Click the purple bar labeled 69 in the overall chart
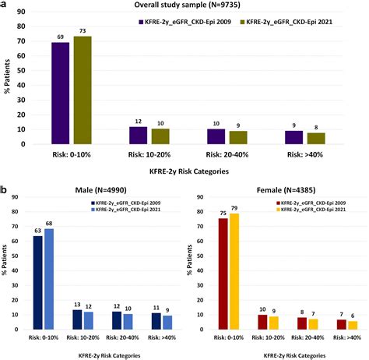tap(61, 94)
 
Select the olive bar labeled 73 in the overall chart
tap(82, 90)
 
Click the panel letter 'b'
tap(5, 189)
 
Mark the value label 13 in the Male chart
tap(77, 305)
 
